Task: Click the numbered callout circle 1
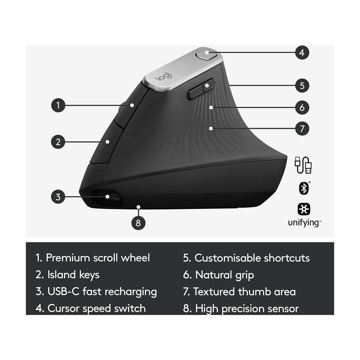point(58,105)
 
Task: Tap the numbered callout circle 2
point(58,142)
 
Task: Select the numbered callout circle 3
point(58,197)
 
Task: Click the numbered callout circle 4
point(302,52)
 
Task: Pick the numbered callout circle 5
point(302,85)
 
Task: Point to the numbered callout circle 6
point(302,107)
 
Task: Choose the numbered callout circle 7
point(302,128)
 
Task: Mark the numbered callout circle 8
point(138,223)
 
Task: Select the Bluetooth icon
point(304,189)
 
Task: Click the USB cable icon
point(303,165)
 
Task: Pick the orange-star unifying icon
point(304,209)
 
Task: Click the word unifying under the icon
point(303,223)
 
